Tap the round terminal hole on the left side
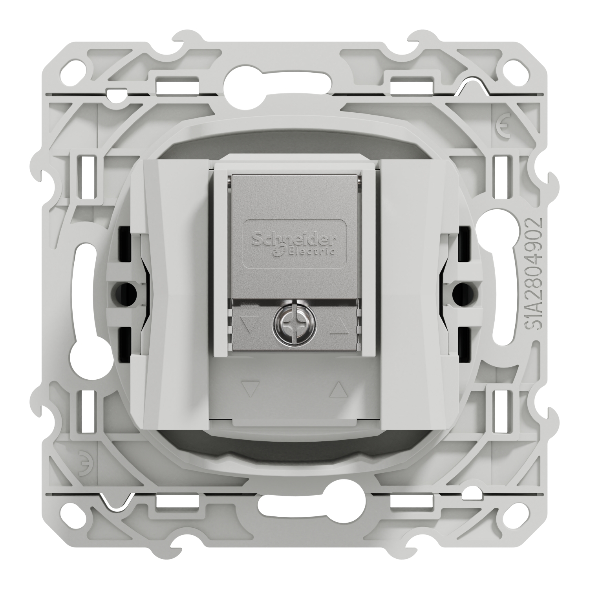123,291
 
